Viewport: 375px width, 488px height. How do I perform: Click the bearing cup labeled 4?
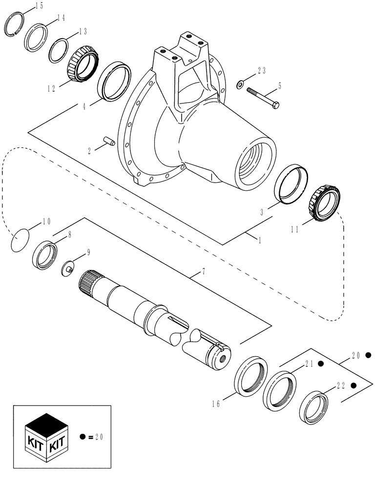tap(115, 81)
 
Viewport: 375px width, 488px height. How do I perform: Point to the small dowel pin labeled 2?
tap(110, 142)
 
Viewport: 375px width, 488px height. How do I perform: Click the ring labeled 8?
tap(45, 253)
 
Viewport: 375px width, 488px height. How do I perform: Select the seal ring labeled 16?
tap(251, 375)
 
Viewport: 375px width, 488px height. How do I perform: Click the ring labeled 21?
tap(279, 390)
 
